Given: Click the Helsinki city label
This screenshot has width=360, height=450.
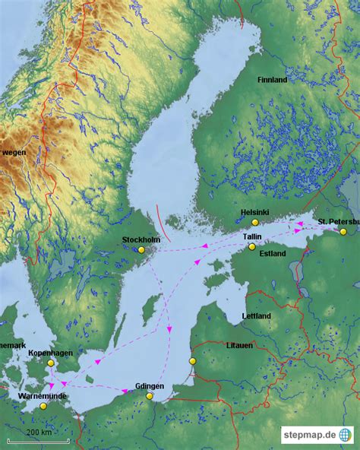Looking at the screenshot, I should pos(254,212).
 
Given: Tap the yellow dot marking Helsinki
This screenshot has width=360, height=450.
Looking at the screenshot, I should pos(255,222).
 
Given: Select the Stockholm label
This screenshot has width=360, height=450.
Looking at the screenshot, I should pos(141,239).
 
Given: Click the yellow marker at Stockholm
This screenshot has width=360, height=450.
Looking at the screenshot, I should pos(141,249).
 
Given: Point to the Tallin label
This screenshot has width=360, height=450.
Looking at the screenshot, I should pos(252,236).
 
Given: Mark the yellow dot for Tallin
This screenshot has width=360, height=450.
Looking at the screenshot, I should pos(252,246).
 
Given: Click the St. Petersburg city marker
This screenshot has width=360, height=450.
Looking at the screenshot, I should pos(343,231).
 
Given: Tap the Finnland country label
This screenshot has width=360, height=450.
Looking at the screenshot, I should pos(272,79).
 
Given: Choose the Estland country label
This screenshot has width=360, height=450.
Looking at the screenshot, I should pos(273,253).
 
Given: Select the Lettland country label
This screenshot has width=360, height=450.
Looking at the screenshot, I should pos(256,315).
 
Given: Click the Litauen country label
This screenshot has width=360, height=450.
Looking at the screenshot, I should pos(239,345).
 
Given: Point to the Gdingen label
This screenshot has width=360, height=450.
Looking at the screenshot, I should pos(149,386).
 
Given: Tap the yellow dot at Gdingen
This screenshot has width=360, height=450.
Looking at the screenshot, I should pos(150,396).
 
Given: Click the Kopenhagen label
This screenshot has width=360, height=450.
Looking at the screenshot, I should pos(49,353).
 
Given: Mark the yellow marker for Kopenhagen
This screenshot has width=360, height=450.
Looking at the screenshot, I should pos(50,363).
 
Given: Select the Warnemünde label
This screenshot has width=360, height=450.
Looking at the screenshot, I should pos(43,396).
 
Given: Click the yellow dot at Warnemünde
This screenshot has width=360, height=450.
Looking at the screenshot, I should pos(43,406).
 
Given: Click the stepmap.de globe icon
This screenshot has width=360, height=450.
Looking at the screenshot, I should pos(346,435).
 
